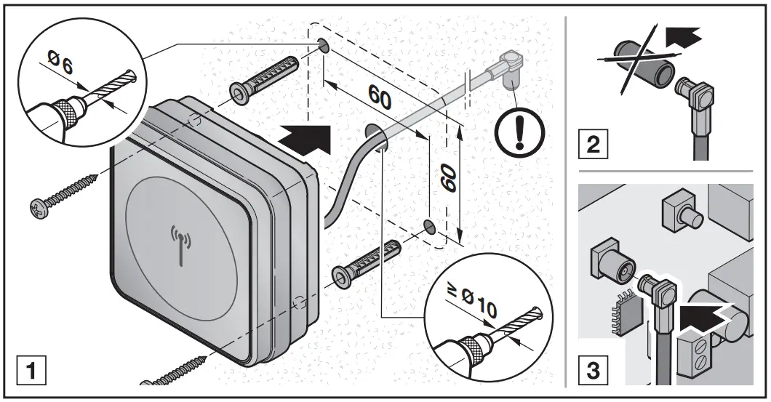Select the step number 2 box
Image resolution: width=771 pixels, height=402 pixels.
click(592, 143)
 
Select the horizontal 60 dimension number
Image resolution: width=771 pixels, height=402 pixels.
click(380, 96)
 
